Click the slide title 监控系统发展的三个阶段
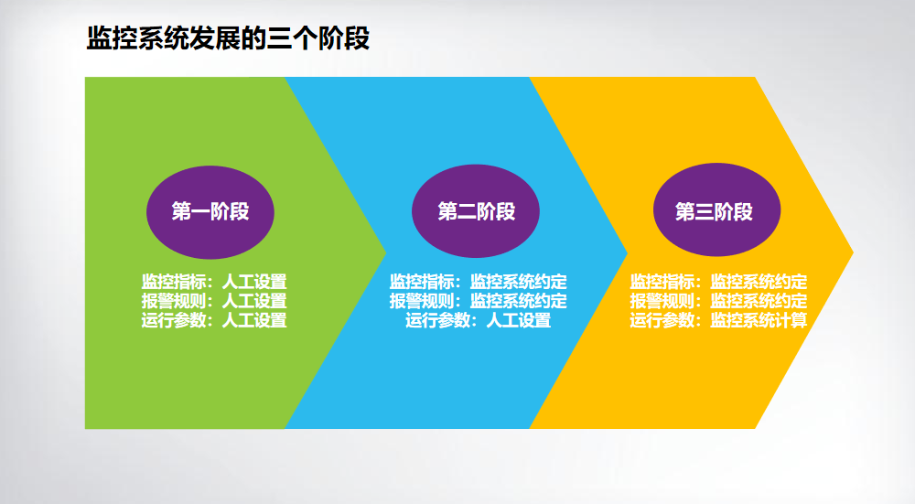tap(228, 38)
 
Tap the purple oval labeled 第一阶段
tap(210, 212)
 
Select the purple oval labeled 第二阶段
tap(476, 211)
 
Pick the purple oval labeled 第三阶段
tap(716, 210)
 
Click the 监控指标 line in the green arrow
tap(214, 282)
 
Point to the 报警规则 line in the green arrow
tap(214, 301)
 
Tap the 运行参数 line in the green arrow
tap(214, 320)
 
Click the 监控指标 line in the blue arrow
tap(479, 282)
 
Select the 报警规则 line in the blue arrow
tap(479, 301)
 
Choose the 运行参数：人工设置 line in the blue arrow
tap(479, 320)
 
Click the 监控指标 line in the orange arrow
tap(718, 282)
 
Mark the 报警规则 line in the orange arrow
tap(718, 301)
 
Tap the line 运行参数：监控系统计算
tap(718, 320)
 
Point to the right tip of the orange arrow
tap(853, 252)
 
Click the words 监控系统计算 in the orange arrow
tap(759, 320)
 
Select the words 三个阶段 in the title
tap(318, 38)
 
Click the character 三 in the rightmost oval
tap(704, 211)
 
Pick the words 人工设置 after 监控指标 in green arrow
tap(254, 282)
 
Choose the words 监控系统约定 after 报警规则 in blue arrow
tap(519, 301)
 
